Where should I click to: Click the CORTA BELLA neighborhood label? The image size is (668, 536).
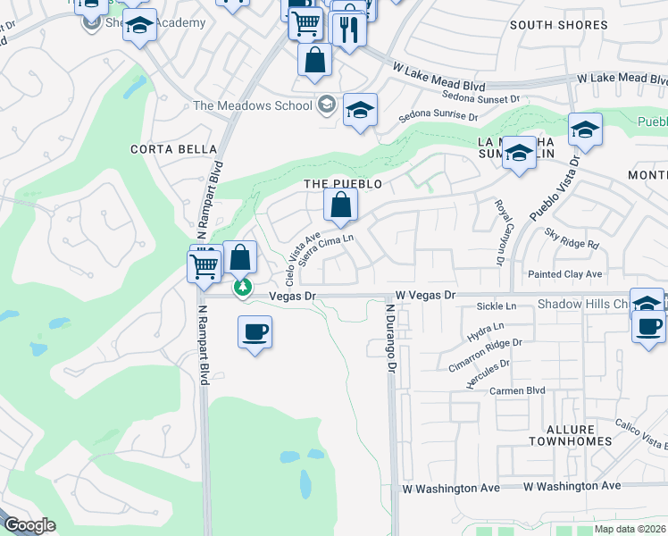pyautogui.click(x=173, y=149)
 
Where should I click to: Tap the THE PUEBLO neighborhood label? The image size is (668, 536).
pyautogui.click(x=344, y=184)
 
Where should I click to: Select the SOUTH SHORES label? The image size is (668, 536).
pyautogui.click(x=558, y=25)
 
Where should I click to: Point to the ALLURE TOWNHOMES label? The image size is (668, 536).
pyautogui.click(x=570, y=434)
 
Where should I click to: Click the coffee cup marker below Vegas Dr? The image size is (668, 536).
pyautogui.click(x=255, y=332)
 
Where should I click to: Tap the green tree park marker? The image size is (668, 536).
pyautogui.click(x=242, y=289)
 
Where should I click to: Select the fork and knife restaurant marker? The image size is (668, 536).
pyautogui.click(x=347, y=29)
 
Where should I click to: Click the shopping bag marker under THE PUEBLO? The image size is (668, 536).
pyautogui.click(x=340, y=205)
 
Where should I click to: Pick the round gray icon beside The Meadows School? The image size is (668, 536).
pyautogui.click(x=326, y=105)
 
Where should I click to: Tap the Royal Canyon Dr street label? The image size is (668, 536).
pyautogui.click(x=499, y=231)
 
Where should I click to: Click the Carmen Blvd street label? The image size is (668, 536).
pyautogui.click(x=516, y=391)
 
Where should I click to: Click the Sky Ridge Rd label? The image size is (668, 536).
pyautogui.click(x=572, y=238)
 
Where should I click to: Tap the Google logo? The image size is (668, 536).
pyautogui.click(x=29, y=525)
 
